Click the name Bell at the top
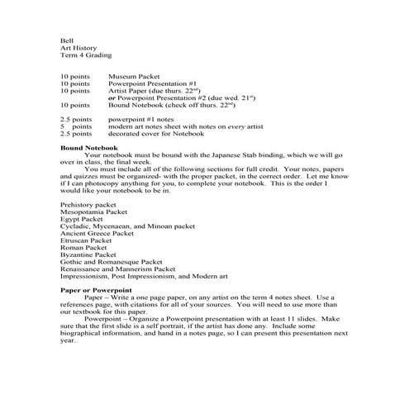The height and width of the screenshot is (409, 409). (x=67, y=40)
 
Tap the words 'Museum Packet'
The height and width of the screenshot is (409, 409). (x=134, y=76)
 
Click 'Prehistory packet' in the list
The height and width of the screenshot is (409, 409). (x=89, y=203)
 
